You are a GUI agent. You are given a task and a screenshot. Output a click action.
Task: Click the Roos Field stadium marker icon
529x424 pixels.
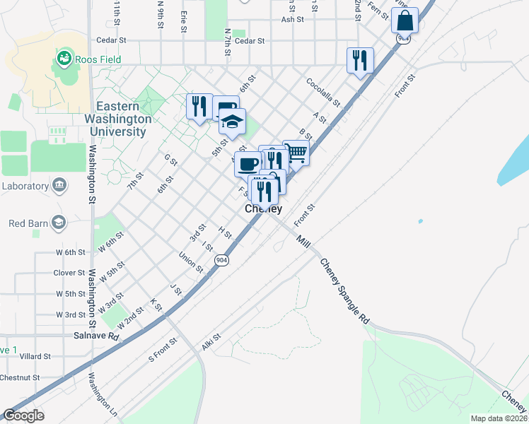point(64,56)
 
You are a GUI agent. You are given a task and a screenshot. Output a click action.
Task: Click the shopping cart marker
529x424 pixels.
point(296,153)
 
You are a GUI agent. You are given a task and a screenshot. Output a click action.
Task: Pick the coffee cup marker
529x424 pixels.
point(248,164)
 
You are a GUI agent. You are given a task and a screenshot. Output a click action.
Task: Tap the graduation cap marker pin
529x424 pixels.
point(231,122)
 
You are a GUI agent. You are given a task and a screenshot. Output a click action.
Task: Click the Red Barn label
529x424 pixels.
point(27,224)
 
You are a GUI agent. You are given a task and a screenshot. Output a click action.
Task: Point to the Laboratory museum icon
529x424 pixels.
point(59,186)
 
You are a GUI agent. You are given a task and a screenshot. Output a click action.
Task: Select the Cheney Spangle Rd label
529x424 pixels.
point(344,291)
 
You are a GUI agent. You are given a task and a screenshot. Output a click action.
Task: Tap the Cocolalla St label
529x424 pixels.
point(323,93)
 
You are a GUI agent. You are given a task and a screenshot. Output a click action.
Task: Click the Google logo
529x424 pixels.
point(23,416)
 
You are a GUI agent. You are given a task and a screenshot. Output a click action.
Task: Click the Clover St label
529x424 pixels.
point(69,273)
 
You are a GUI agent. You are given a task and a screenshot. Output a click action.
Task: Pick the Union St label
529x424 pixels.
point(191,262)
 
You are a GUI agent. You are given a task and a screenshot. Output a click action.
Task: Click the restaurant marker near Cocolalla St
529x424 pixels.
point(359,61)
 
